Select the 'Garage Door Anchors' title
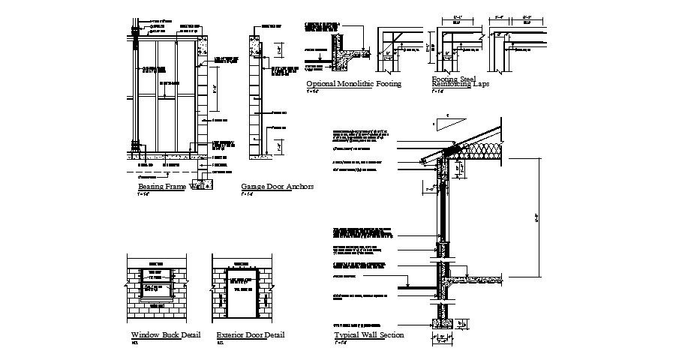pyautogui.click(x=277, y=186)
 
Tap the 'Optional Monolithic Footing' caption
pyautogui.click(x=353, y=84)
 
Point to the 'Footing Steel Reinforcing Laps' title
pyautogui.click(x=460, y=82)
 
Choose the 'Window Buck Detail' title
pyautogui.click(x=165, y=334)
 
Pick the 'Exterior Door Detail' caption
pyautogui.click(x=251, y=334)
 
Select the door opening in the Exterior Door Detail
pyautogui.click(x=242, y=295)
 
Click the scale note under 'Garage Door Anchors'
pyautogui.click(x=246, y=194)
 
